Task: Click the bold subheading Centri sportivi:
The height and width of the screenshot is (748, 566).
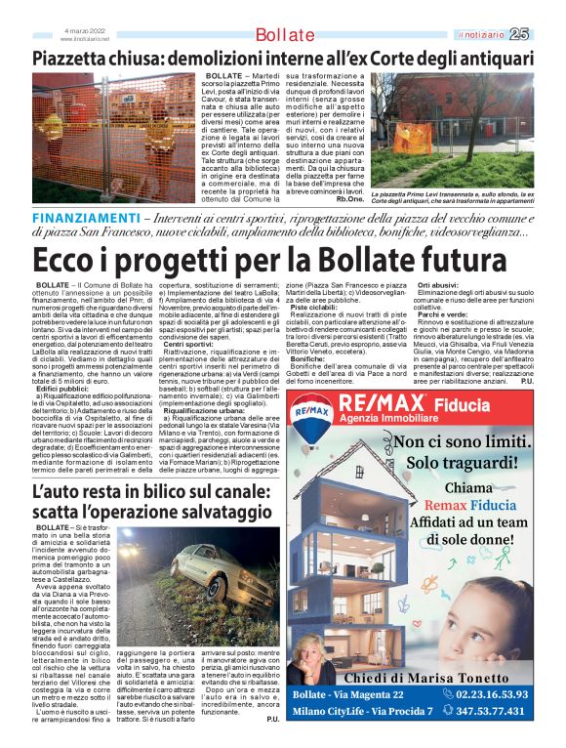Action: click(187, 345)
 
